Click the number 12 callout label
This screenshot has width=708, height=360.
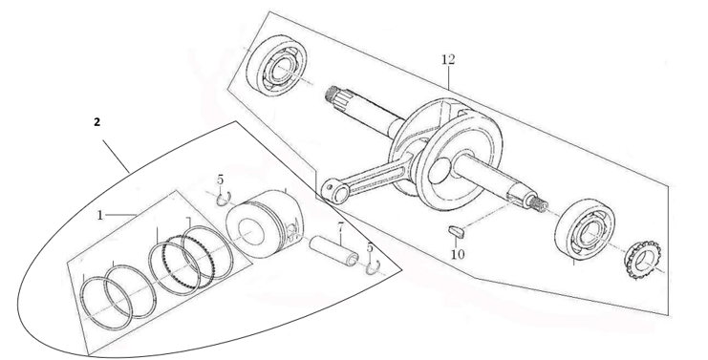[x=448, y=59]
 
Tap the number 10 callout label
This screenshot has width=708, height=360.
[x=458, y=255]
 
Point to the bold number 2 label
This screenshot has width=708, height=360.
[x=97, y=122]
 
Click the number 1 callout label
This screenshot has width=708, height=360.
[x=99, y=216]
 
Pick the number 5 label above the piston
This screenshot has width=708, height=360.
[x=220, y=180]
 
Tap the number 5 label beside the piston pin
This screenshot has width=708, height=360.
[x=371, y=247]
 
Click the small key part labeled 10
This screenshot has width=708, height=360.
[x=455, y=230]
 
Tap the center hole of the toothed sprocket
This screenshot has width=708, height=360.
[x=642, y=262]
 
